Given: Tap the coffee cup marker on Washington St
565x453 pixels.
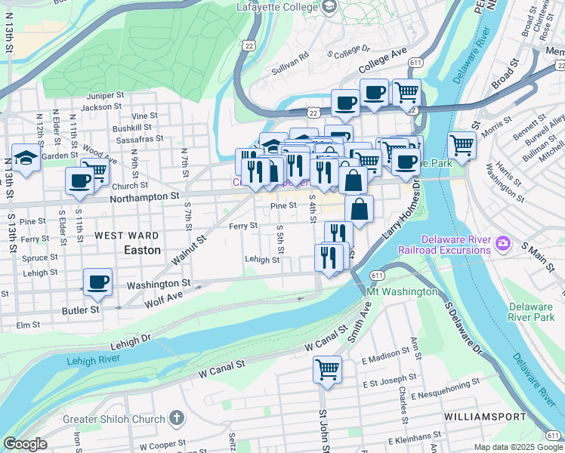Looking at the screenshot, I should coord(97,283).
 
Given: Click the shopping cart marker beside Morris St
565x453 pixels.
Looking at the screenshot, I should coord(462,144).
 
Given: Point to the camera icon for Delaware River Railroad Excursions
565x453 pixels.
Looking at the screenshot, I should coord(502,244).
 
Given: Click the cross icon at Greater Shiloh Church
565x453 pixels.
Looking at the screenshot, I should coord(176,419).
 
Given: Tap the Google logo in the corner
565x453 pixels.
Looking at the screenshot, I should coord(25,445).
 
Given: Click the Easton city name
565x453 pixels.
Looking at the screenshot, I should coord(142,248).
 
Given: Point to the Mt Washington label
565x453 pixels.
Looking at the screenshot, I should coord(402,291).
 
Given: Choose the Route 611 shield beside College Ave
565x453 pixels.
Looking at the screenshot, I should coord(415,63).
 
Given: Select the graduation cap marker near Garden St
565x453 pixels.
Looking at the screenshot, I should coord(26,159).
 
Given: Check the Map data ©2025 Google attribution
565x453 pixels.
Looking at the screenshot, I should coord(517,447).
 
